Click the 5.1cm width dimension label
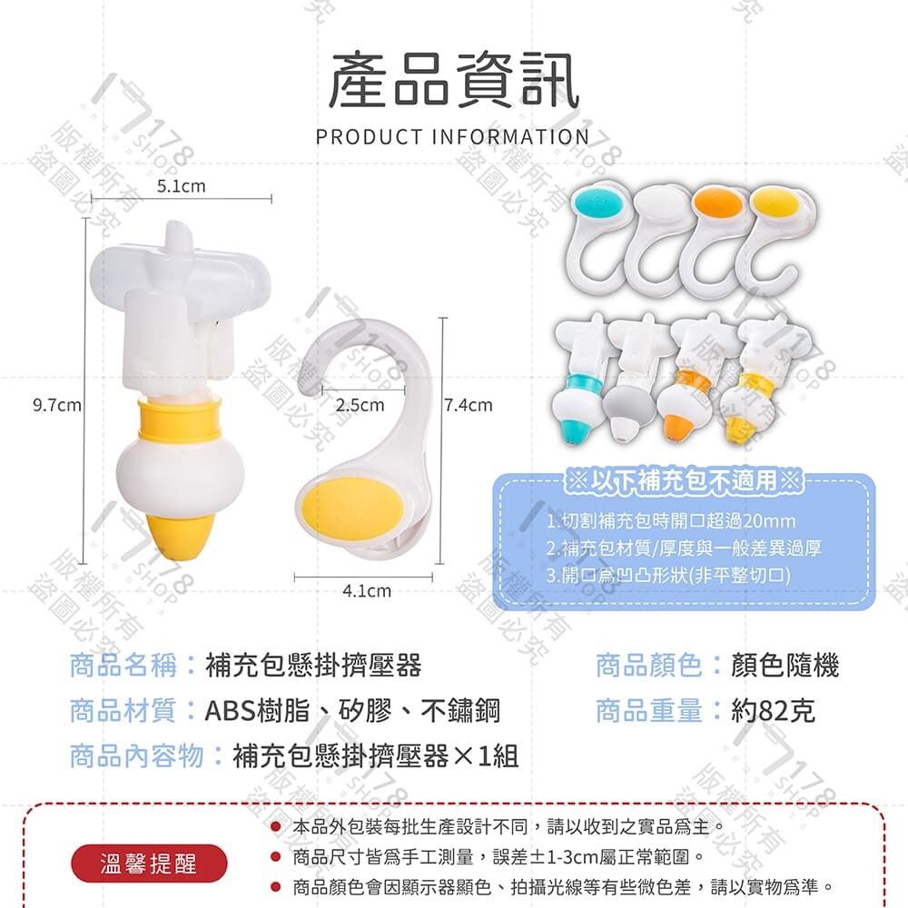182,186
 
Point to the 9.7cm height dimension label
56,405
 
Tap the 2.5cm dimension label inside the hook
360,405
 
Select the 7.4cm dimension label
468,405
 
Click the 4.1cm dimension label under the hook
367,591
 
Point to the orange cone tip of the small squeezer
677,429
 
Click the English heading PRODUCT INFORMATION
452,137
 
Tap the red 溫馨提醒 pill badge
149,863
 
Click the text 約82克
773,711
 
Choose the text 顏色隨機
785,665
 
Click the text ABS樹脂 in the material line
258,711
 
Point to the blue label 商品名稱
123,665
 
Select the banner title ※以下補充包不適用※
684,479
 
